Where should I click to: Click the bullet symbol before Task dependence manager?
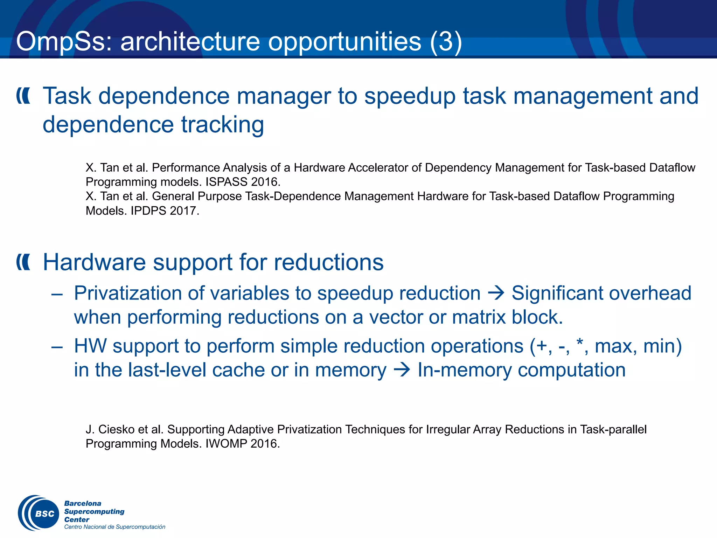tap(23, 96)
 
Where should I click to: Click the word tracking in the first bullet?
tap(222, 125)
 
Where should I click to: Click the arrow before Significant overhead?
tap(496, 293)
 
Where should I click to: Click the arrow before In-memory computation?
tap(402, 370)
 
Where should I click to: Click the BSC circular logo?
tap(39, 513)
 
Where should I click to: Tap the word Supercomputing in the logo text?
tap(94, 511)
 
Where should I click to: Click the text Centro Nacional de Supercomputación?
tap(114, 527)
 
